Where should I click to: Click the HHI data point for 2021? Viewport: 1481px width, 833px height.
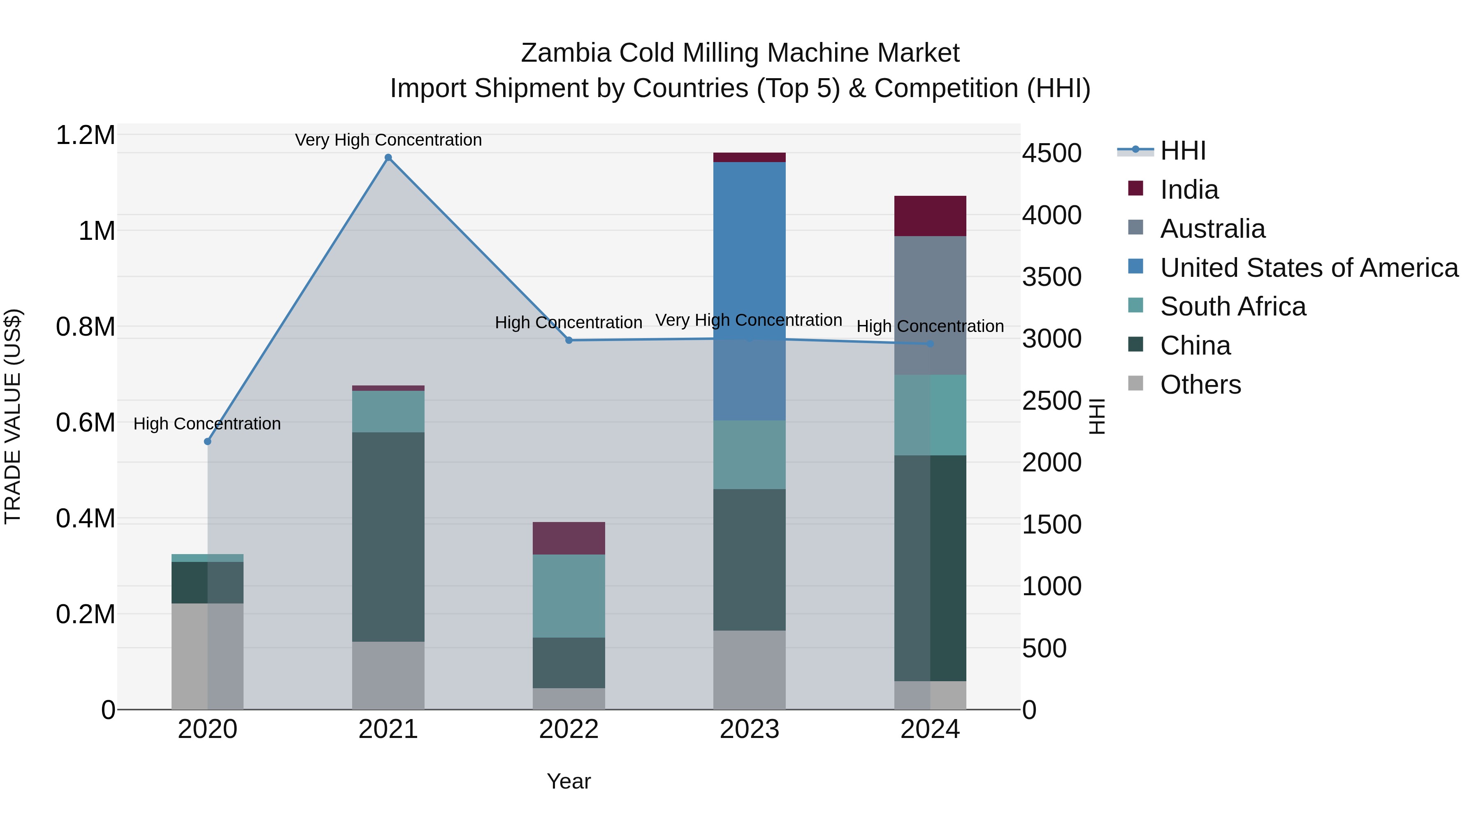click(388, 158)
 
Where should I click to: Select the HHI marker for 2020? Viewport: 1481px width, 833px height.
click(208, 441)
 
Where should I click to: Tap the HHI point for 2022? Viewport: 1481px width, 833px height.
click(569, 340)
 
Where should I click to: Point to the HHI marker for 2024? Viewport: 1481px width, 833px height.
click(930, 344)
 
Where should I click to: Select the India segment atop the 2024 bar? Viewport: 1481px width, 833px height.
click(930, 216)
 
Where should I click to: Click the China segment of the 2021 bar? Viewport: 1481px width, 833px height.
click(388, 536)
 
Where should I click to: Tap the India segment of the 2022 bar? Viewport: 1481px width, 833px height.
click(569, 538)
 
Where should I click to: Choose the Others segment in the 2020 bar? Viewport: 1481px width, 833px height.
click(208, 656)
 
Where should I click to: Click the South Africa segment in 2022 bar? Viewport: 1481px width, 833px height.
click(569, 596)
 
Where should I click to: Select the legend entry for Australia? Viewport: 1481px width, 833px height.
click(1212, 229)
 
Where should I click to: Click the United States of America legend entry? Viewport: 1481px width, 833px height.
click(1309, 268)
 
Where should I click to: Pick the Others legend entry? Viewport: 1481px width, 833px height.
click(1200, 385)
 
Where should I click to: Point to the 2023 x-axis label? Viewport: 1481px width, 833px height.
click(749, 729)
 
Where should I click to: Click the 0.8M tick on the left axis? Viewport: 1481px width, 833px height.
click(86, 327)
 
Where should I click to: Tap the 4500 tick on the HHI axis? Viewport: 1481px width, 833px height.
click(1052, 153)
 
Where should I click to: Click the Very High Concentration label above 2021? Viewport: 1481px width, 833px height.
click(388, 140)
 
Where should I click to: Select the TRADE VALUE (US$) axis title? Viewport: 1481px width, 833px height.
click(13, 416)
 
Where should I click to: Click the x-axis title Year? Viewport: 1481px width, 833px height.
click(569, 781)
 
